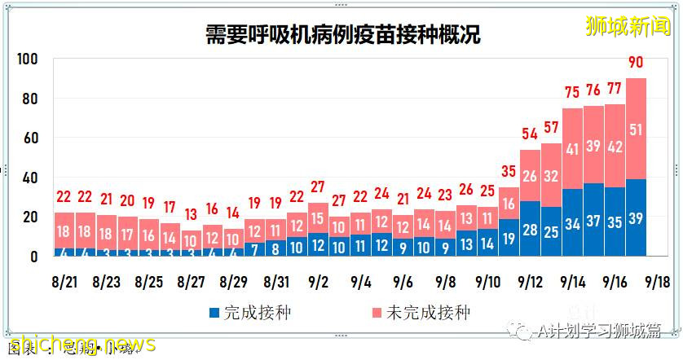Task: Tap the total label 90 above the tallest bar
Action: coord(637,63)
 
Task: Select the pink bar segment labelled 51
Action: coord(637,129)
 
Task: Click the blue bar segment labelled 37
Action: coord(594,220)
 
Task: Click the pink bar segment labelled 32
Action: coord(552,175)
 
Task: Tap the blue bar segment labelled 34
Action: coord(573,223)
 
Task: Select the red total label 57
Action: coord(552,129)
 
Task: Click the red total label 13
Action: coord(192,214)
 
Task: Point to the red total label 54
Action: coord(531,134)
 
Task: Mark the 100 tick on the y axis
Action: coord(29,59)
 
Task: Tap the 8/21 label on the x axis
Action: coord(64,282)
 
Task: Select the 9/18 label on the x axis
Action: coord(658,282)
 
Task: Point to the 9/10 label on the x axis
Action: coord(488,282)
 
